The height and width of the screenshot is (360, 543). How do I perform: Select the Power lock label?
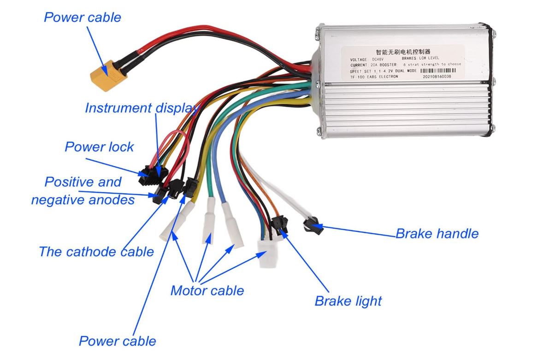click(99, 147)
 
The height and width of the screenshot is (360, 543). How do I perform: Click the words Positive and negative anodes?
click(83, 191)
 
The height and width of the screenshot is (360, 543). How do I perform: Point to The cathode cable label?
click(96, 252)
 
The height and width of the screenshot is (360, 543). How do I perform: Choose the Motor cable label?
click(207, 291)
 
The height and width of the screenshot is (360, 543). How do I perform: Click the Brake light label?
click(348, 301)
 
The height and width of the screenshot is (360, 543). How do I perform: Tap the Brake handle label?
click(437, 234)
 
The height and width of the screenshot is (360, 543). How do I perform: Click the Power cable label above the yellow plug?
click(82, 18)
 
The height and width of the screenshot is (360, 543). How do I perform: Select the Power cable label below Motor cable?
click(117, 341)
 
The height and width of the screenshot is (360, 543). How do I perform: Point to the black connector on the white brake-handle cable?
click(311, 225)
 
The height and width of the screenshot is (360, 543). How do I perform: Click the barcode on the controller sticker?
click(432, 71)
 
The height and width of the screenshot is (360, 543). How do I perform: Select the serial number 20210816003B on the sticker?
click(436, 77)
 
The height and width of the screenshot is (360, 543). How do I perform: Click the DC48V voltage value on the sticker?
click(378, 60)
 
